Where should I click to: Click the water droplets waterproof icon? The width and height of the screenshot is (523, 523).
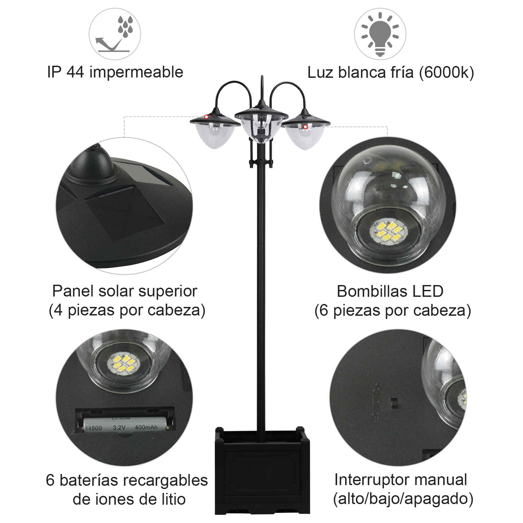pyautogui.click(x=115, y=34)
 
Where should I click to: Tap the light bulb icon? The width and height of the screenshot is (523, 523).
pyautogui.click(x=380, y=34)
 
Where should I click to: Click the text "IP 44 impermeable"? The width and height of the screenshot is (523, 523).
pyautogui.click(x=115, y=72)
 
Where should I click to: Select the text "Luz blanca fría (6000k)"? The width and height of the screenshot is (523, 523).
pyautogui.click(x=391, y=72)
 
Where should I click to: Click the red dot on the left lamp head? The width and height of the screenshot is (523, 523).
pyautogui.click(x=206, y=117)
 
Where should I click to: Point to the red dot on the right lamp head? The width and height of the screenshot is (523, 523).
pyautogui.click(x=305, y=127)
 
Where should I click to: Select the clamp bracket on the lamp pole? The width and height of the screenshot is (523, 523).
pyautogui.click(x=261, y=162)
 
